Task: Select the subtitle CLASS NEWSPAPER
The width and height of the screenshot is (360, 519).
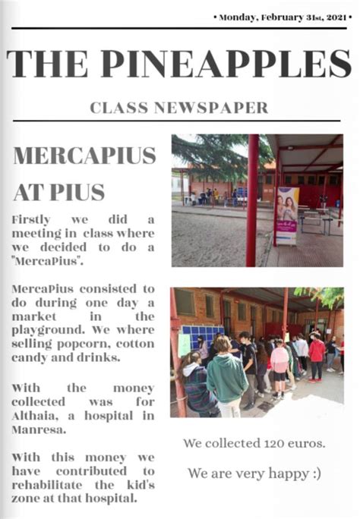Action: (x=179, y=108)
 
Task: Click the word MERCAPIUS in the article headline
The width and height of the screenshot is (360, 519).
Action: (x=85, y=156)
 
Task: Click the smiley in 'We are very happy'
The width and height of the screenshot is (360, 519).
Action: (x=314, y=473)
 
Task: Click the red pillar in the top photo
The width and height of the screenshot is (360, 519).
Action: (x=252, y=200)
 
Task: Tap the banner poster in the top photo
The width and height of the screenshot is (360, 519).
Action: (x=287, y=215)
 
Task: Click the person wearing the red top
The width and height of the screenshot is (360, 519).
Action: (x=317, y=354)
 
